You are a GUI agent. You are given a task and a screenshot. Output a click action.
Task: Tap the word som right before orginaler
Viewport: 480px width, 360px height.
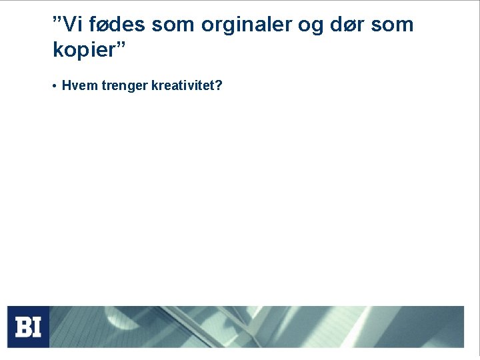coord(175,25)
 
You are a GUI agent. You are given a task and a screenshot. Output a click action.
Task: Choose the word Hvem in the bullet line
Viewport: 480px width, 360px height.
coord(77,86)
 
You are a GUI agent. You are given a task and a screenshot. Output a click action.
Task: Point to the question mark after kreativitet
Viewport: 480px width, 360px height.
coord(219,86)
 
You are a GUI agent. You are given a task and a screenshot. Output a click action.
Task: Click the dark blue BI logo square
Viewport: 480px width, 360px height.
coord(28,327)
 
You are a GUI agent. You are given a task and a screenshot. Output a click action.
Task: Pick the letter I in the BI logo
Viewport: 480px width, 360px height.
coord(37,327)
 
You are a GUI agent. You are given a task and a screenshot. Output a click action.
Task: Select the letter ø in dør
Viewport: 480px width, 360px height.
coord(345,27)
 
